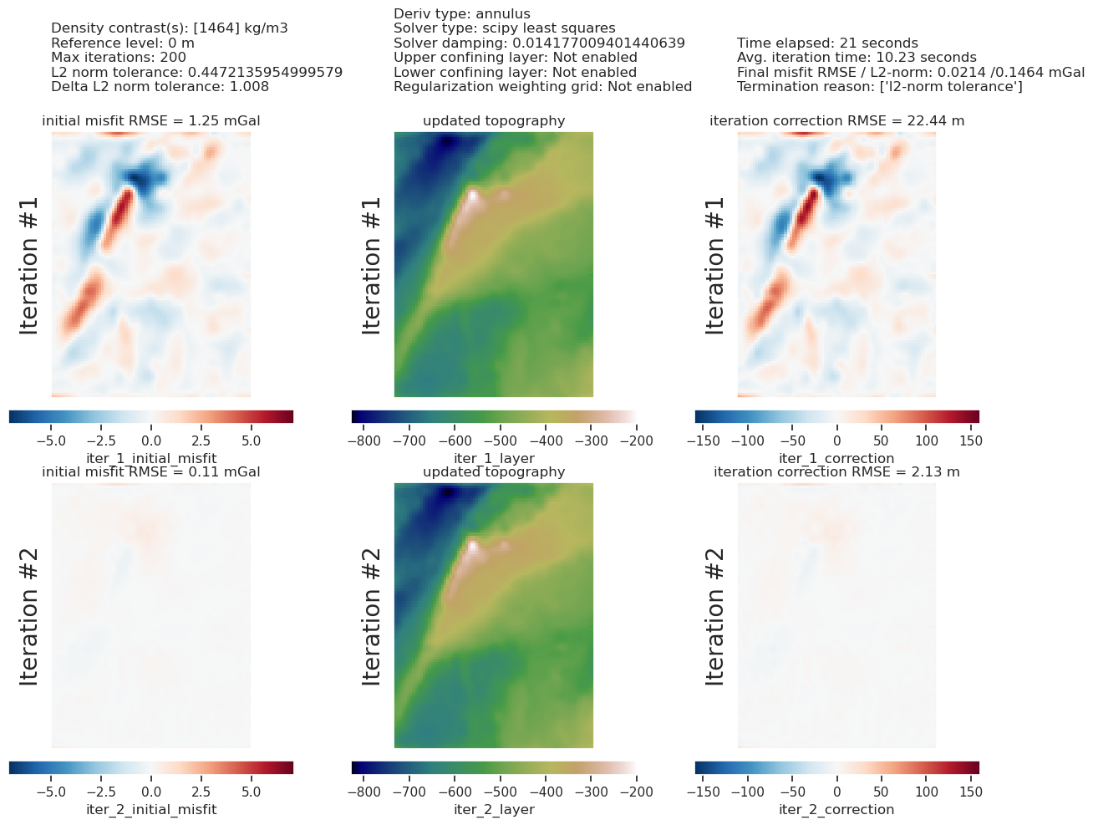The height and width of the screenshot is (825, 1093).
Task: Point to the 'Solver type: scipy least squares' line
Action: pos(504,28)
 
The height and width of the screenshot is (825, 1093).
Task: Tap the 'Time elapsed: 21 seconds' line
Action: pos(827,43)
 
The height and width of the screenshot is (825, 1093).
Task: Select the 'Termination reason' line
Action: pos(879,87)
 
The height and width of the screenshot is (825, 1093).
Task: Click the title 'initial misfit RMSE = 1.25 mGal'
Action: pos(151,121)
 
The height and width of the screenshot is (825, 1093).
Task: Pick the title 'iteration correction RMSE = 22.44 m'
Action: pos(836,121)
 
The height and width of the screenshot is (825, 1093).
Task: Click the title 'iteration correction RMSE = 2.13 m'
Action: pos(836,472)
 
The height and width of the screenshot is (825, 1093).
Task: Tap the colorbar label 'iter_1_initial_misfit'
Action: pos(151,458)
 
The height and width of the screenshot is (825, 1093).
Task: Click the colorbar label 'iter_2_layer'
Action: pos(494,809)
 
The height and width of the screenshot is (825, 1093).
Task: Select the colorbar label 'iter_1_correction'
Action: pos(836,458)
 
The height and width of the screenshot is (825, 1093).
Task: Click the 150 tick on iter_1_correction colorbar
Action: pos(969,440)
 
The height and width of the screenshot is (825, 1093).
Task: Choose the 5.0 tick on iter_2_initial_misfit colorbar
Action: pos(251,791)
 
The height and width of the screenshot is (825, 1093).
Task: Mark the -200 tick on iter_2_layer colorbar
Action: pos(635,791)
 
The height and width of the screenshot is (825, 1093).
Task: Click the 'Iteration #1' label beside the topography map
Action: pos(372,265)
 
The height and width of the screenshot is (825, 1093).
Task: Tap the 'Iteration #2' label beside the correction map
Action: pos(715,616)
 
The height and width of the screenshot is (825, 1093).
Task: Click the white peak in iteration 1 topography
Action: pos(473,196)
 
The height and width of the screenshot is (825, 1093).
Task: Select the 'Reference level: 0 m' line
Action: pos(123,43)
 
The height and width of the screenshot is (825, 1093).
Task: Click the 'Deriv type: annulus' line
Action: pos(461,14)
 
